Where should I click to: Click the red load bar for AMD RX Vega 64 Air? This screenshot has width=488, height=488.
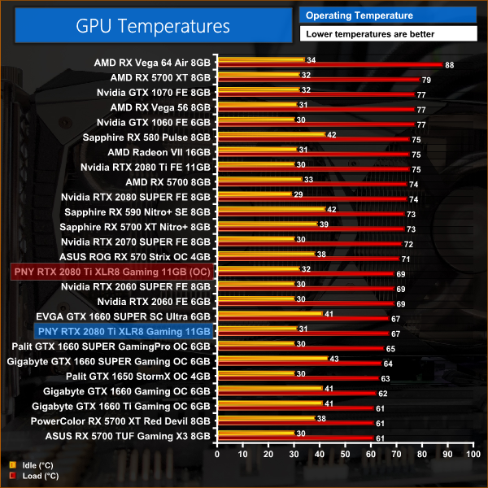click(x=329, y=64)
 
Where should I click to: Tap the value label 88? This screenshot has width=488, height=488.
click(x=449, y=64)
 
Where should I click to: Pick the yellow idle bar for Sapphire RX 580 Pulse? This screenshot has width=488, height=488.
click(x=270, y=134)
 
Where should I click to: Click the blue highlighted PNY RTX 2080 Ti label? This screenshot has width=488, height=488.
click(x=124, y=331)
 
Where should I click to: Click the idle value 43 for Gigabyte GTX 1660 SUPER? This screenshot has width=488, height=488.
click(x=333, y=359)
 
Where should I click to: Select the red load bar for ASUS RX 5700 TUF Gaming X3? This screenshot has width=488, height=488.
click(x=294, y=438)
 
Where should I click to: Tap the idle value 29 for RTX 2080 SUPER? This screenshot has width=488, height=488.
click(x=298, y=194)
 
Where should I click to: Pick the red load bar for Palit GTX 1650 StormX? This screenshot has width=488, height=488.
click(x=297, y=378)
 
